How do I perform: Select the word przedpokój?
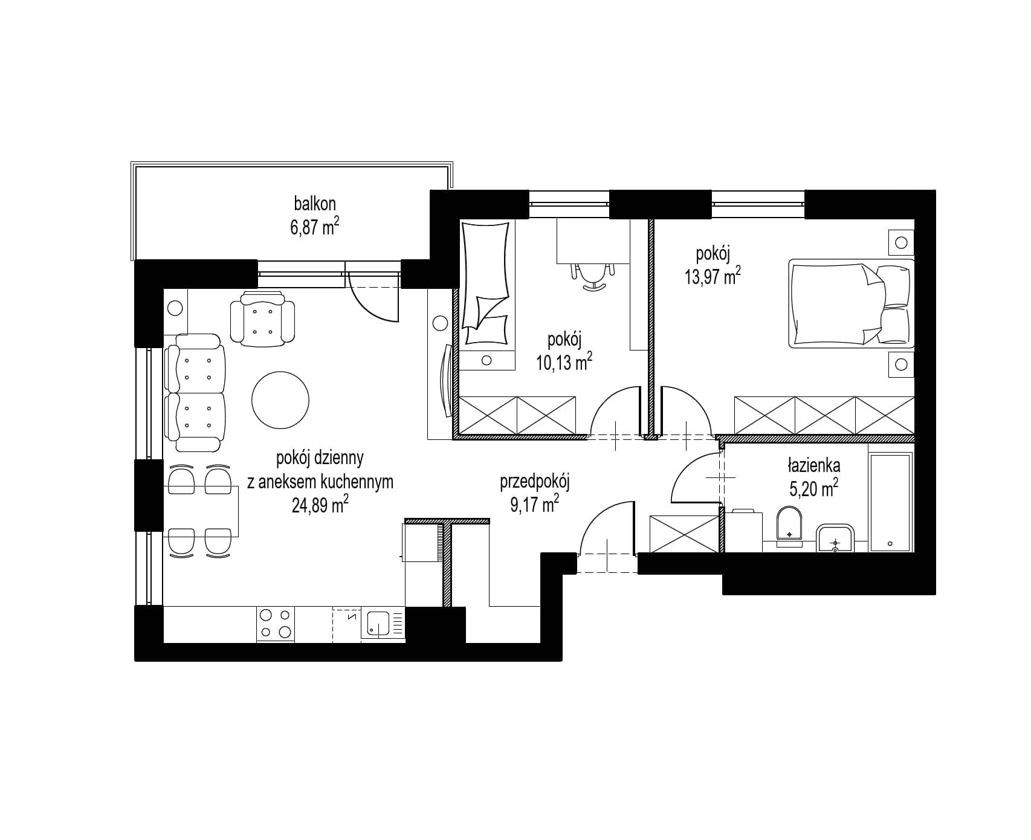click(x=535, y=482)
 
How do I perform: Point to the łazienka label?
click(x=813, y=466)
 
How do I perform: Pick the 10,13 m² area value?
click(x=564, y=362)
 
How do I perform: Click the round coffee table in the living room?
click(x=280, y=399)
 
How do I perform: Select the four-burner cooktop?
click(x=275, y=624)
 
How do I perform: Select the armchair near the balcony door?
click(x=263, y=318)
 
